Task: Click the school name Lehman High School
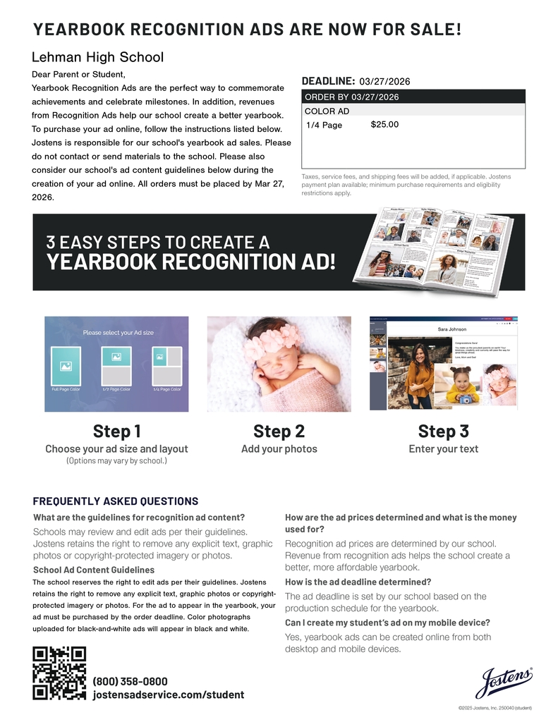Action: (x=97, y=57)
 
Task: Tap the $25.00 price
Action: (x=384, y=125)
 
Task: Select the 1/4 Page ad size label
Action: (x=324, y=126)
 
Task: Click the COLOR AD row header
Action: (x=327, y=111)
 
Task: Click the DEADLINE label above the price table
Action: (x=328, y=81)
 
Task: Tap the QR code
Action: (x=59, y=673)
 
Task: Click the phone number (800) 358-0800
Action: (x=130, y=681)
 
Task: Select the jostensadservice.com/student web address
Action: (x=168, y=695)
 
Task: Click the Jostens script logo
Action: (x=504, y=683)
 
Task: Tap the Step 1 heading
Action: (x=116, y=431)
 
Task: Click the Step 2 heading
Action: (x=279, y=431)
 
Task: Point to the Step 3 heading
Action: (x=443, y=431)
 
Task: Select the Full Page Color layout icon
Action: (x=66, y=366)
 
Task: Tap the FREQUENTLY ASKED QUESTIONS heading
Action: (x=116, y=501)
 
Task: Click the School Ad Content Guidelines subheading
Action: (x=94, y=570)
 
